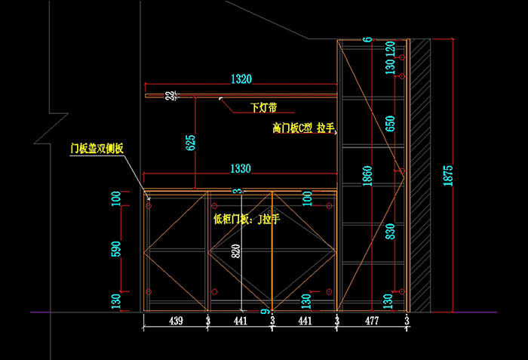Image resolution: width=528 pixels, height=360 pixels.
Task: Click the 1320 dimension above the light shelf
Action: coord(241,78)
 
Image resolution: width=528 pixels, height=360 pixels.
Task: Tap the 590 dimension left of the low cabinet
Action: coord(116,248)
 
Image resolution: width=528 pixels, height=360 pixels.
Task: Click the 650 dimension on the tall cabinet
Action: coord(390,124)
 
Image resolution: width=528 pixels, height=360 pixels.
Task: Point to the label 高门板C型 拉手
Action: coord(303,128)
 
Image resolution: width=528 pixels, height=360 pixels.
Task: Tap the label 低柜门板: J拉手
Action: coord(247,219)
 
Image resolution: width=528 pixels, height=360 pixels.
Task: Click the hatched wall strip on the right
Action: coord(420,174)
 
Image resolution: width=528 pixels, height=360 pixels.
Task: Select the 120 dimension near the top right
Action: coord(390,47)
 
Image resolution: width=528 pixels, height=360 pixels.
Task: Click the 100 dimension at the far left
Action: coord(116,199)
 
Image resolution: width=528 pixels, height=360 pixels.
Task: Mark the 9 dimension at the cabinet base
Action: coord(266,310)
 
